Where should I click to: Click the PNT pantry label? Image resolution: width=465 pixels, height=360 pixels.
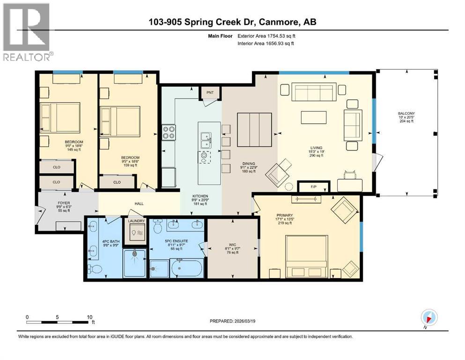(210, 92)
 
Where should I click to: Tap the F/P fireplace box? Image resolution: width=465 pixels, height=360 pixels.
(314, 187)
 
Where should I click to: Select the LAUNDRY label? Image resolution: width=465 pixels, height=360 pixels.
(135, 221)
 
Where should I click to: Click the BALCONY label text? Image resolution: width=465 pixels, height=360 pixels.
(406, 113)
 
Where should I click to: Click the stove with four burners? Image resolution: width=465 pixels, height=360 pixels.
(169, 133)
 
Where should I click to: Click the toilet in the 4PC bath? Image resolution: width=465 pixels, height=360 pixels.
(95, 269)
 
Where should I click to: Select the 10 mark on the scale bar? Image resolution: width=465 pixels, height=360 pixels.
(89, 317)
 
